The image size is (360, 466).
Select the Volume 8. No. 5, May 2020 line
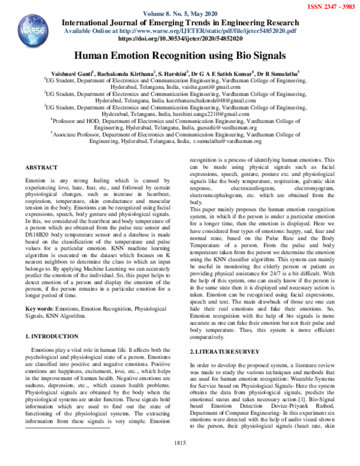click(180, 14)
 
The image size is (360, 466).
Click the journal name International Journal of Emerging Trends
click(180, 23)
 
